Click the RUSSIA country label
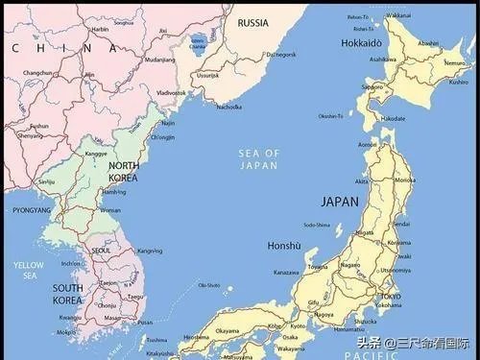(x=252, y=22)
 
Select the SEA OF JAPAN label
(x=259, y=158)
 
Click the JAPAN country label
(x=339, y=203)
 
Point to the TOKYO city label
(x=390, y=297)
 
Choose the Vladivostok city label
(x=171, y=92)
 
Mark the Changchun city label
(x=37, y=73)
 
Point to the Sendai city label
(x=402, y=223)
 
